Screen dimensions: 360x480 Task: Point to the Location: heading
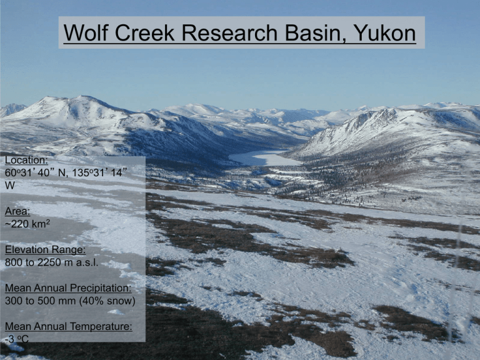click(x=24, y=161)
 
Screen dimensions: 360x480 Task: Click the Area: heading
click(x=16, y=212)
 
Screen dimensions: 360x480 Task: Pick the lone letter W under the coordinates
click(x=9, y=186)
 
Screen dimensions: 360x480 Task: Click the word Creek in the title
click(x=144, y=32)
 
